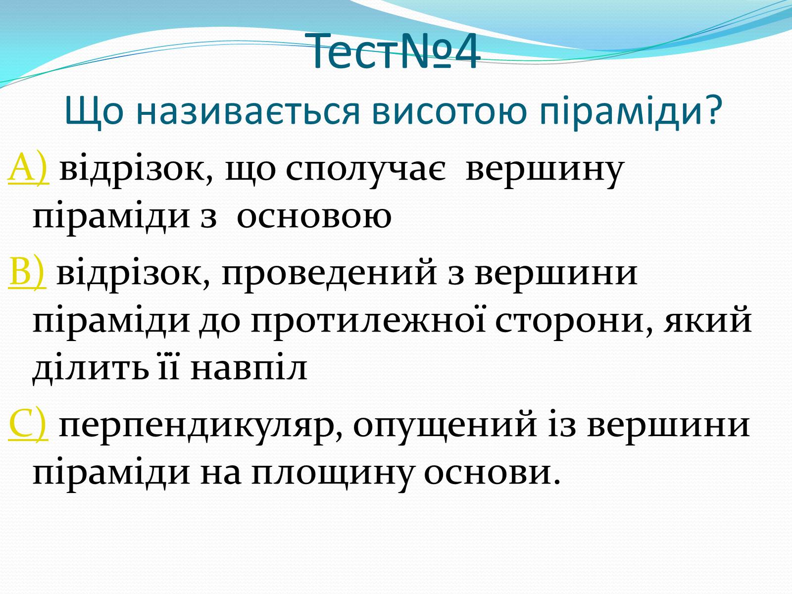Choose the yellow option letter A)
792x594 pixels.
click(29, 168)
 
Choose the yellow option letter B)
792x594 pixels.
click(27, 272)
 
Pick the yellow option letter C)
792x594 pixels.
click(28, 424)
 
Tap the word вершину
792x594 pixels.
click(545, 170)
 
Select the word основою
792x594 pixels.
click(314, 218)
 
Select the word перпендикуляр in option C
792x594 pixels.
click(200, 426)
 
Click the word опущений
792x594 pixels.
click(445, 426)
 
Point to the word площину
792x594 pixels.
click(332, 475)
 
